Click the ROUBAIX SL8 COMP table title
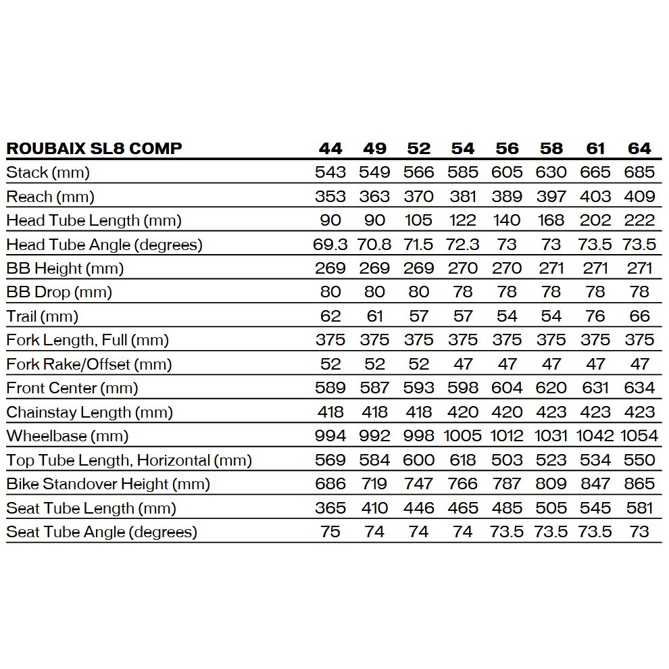[94, 149]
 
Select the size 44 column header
[330, 149]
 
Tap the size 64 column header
[639, 149]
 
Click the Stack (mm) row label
[48, 172]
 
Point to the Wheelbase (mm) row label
[68, 436]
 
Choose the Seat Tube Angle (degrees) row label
[101, 532]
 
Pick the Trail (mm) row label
[43, 316]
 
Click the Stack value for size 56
[507, 172]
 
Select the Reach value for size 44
[330, 197]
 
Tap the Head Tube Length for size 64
[639, 220]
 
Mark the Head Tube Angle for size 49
[374, 245]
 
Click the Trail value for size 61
[595, 316]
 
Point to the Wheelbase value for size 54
[463, 436]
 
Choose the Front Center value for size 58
[551, 388]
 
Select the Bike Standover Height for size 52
[419, 484]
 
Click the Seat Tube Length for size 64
[639, 508]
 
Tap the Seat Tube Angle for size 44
[330, 532]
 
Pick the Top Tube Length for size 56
[507, 460]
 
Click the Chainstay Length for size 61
[595, 412]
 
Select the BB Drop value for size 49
[374, 292]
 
